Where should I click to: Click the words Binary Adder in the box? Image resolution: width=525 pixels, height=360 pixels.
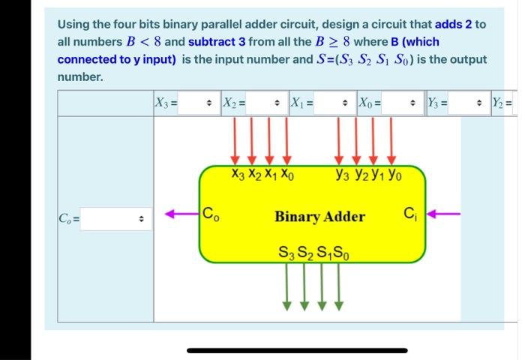(x=319, y=217)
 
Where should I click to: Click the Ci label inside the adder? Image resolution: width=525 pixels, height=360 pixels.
(x=410, y=211)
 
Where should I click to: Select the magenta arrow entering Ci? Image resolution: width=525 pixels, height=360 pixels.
(x=444, y=213)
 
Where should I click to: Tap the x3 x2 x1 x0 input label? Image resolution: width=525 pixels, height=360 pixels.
(x=262, y=177)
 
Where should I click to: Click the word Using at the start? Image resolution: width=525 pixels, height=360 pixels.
(x=74, y=24)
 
